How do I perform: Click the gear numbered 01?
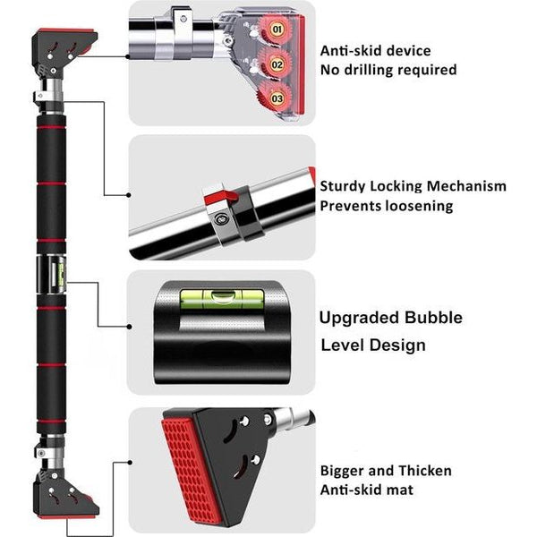275,30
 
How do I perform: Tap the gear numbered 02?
275,64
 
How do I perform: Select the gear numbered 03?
275,98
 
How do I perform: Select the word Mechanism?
466,186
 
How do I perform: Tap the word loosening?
419,207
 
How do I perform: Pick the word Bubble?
432,318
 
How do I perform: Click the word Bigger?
342,472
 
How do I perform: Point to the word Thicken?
425,471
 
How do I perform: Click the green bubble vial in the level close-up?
222,298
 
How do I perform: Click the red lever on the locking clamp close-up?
222,198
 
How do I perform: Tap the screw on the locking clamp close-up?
220,218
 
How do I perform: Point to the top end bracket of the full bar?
64,52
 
